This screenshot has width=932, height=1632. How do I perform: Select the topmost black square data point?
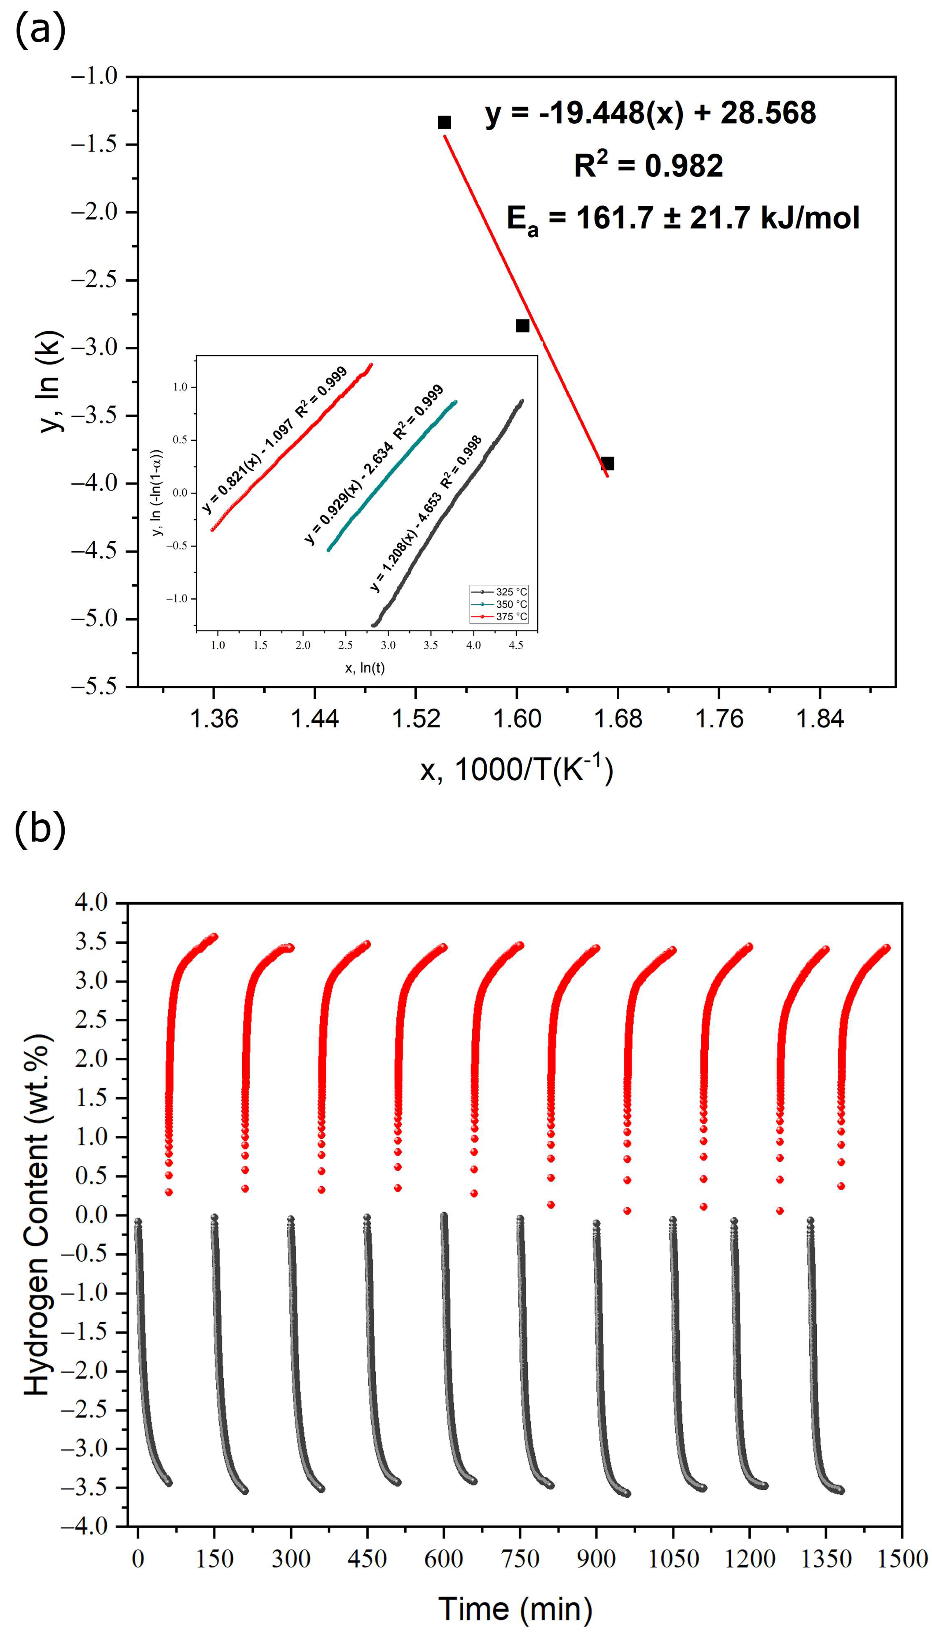tap(444, 122)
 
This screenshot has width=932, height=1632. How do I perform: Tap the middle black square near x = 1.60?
tap(522, 326)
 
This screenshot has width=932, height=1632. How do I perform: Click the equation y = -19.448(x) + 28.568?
tap(650, 113)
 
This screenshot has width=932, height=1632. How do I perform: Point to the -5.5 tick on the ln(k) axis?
tap(95, 686)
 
